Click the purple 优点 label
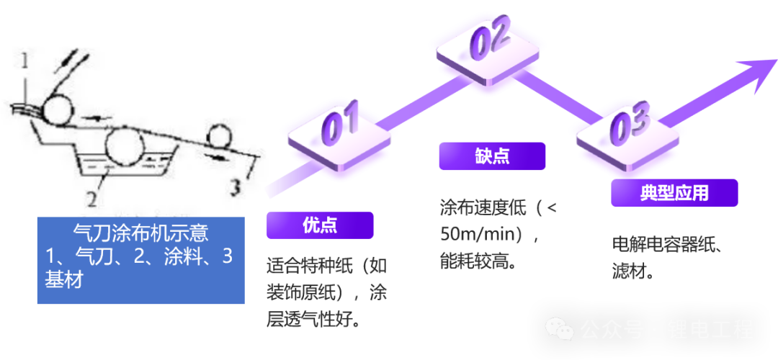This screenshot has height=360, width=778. coord(320,225)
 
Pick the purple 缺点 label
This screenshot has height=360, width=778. coord(492,156)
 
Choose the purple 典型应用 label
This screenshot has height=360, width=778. coord(674,193)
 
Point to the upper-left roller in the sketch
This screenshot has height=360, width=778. coord(57,110)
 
